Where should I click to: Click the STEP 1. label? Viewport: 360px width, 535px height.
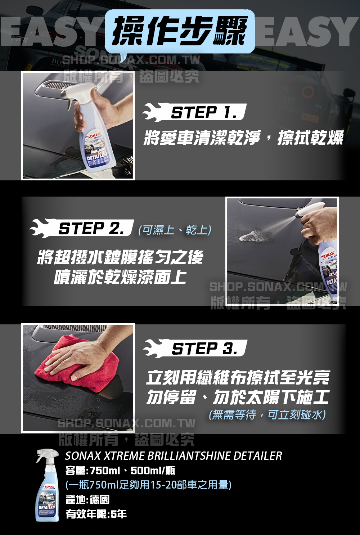[x=204, y=112]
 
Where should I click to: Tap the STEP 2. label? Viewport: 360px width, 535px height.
[x=91, y=228]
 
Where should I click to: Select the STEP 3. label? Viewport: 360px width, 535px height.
[x=205, y=349]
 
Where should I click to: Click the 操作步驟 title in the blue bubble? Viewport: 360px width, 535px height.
[x=180, y=31]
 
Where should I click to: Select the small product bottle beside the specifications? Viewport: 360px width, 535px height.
[x=47, y=485]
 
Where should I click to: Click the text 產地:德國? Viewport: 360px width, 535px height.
[x=87, y=499]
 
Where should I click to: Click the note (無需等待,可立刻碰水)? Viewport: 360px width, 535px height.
[x=267, y=414]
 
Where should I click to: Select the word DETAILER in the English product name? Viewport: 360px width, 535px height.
[x=258, y=456]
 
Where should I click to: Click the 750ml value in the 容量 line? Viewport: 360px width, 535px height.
[x=104, y=471]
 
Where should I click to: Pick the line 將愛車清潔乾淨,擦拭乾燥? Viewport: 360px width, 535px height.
[x=244, y=138]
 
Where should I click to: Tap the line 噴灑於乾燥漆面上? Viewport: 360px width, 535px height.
[x=120, y=277]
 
